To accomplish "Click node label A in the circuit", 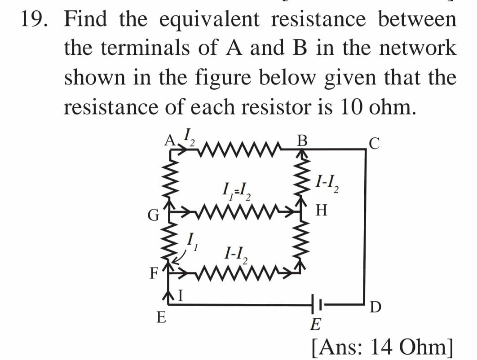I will click(x=169, y=141).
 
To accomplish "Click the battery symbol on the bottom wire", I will click(x=314, y=304).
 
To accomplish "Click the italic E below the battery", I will click(x=317, y=322).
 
